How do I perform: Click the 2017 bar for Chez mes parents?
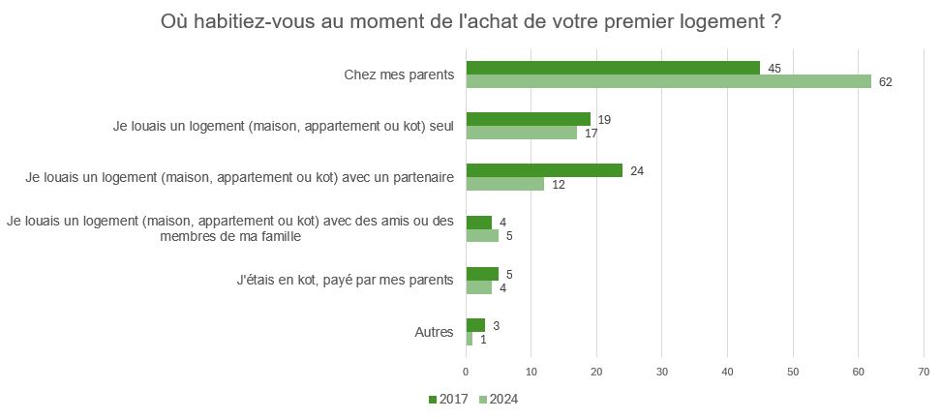(613, 68)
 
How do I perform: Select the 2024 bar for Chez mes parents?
(668, 81)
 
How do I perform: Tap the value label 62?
(885, 82)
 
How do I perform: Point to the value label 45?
(774, 68)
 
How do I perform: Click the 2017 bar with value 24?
(544, 170)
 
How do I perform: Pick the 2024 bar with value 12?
(505, 184)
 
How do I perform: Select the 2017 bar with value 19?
(529, 119)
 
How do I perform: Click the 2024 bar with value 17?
(522, 133)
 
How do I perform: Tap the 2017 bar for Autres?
(475, 325)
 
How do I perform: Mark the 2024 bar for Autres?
(470, 339)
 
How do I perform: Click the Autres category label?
(434, 332)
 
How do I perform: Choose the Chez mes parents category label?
(399, 75)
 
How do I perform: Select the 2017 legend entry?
(449, 399)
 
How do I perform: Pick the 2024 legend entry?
(500, 399)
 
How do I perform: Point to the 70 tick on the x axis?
(924, 371)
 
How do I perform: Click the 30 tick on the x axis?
(662, 371)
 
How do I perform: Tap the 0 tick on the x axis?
(467, 371)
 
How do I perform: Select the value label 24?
(637, 170)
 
